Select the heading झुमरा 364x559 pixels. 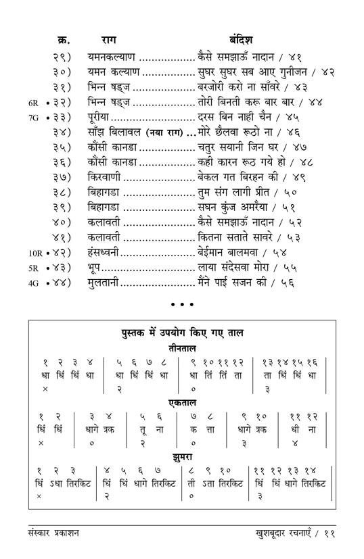point(182,458)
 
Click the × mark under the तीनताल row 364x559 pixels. point(45,389)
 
